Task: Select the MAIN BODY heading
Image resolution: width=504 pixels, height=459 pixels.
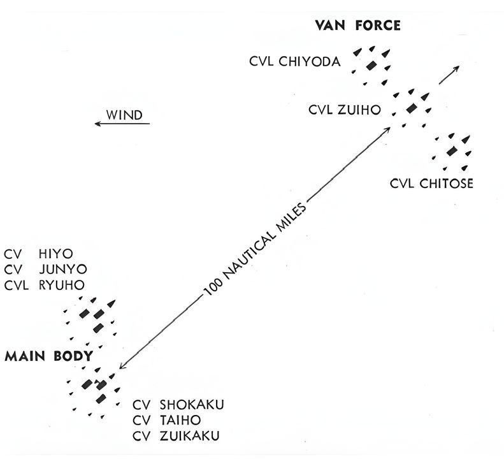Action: click(48, 356)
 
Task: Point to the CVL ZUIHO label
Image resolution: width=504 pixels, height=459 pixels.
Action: click(345, 110)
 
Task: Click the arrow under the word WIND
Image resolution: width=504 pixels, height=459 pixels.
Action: click(122, 124)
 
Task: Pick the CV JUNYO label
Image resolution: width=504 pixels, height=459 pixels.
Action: click(45, 268)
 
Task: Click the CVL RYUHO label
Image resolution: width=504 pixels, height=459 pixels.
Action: click(44, 284)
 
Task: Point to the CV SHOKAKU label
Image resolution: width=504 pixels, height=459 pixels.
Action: click(179, 405)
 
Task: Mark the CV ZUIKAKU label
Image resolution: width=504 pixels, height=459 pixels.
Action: click(178, 436)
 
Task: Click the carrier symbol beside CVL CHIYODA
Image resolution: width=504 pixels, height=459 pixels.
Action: click(370, 66)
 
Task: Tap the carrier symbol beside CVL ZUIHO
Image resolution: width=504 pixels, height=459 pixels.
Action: click(411, 107)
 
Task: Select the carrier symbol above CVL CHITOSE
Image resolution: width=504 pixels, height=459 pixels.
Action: click(452, 152)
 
